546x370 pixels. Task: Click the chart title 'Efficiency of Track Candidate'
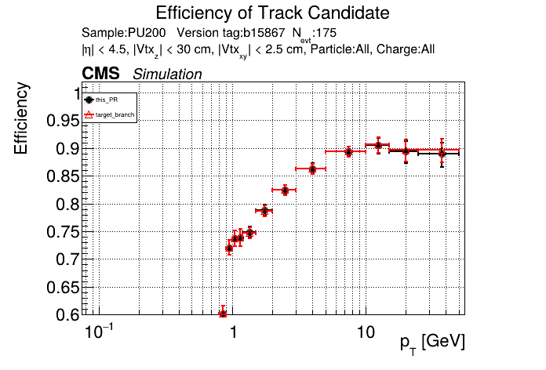pos(272,13)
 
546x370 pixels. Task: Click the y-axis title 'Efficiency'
pos(24,118)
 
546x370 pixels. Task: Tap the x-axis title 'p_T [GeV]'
pos(432,342)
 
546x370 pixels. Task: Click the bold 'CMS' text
pos(100,74)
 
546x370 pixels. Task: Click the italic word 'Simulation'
pos(167,74)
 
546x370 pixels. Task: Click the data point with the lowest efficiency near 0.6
pos(223,313)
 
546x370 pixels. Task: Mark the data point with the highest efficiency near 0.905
pos(379,145)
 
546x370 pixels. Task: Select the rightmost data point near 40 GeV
pos(442,153)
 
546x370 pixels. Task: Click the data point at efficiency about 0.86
pos(313,169)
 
